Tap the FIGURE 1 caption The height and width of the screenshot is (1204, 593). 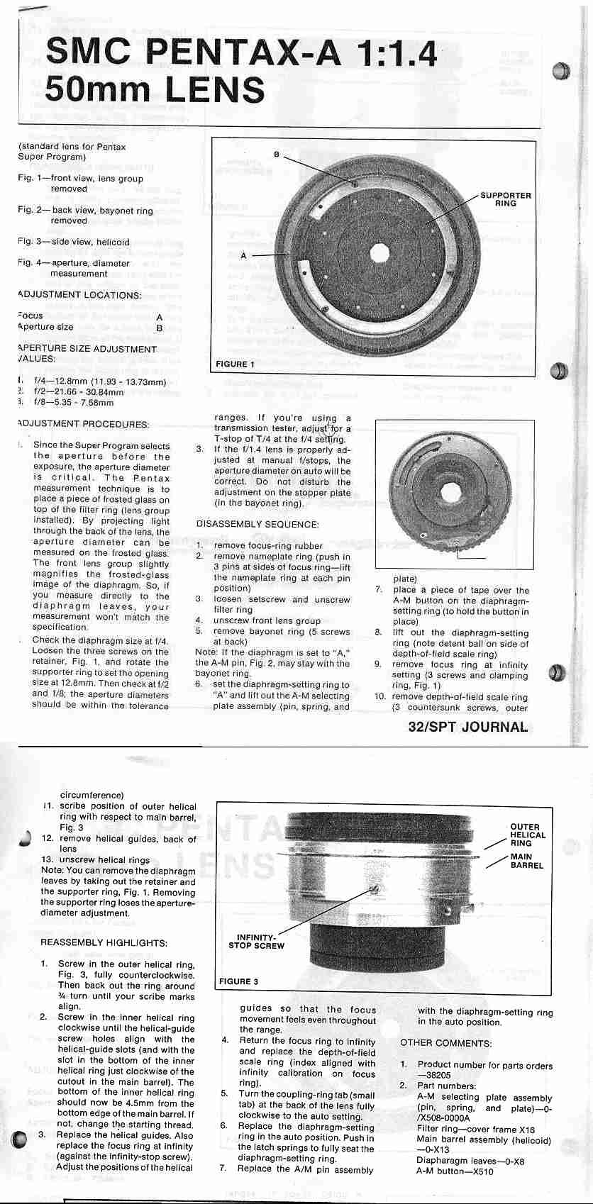[235, 364]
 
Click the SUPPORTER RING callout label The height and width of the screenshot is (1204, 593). [505, 199]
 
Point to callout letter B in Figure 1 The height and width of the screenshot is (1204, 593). [277, 154]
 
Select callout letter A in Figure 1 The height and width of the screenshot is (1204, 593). [244, 255]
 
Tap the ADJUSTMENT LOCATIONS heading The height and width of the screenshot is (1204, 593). [79, 295]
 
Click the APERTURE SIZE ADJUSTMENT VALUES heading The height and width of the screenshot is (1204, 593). [86, 354]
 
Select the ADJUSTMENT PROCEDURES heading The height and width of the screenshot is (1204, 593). [83, 424]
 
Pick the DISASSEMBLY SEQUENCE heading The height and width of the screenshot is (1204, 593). [257, 525]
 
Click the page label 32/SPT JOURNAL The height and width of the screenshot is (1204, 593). [468, 727]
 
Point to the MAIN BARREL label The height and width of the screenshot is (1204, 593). [526, 861]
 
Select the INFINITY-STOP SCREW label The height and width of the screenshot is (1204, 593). [256, 942]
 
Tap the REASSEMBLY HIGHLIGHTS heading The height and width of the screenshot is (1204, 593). [104, 943]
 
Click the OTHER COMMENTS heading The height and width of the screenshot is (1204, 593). [445, 1043]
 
